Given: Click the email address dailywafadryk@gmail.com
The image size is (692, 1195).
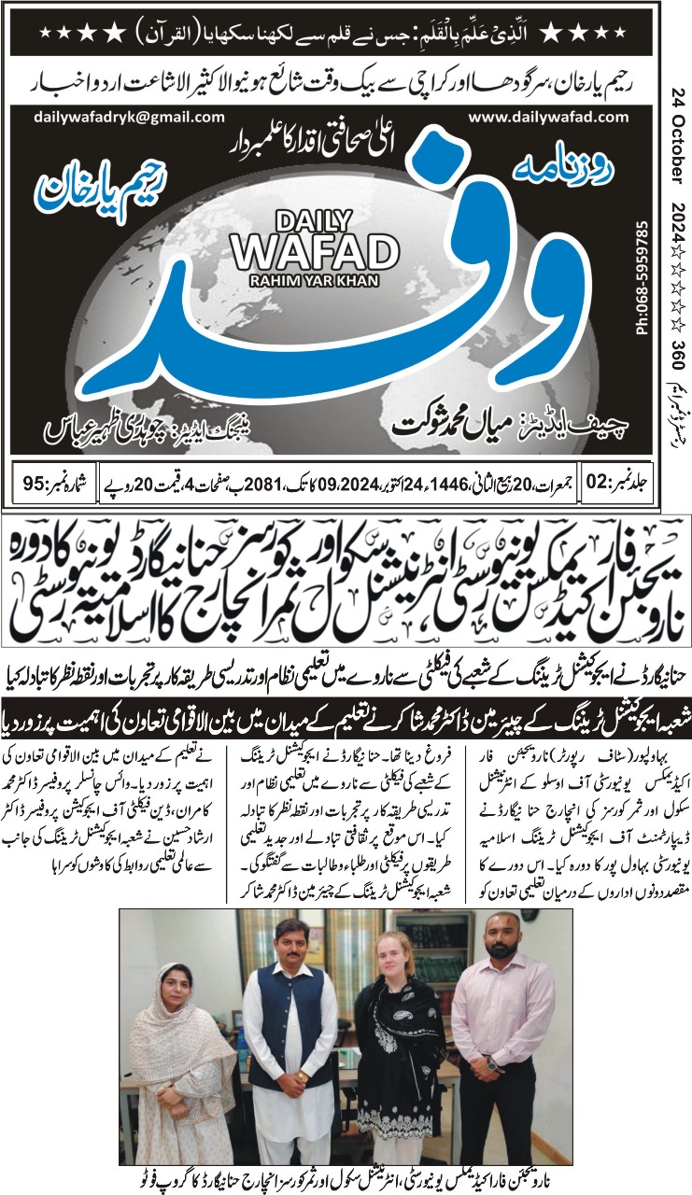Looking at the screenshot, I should (130, 117).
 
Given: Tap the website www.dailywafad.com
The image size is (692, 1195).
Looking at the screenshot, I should (548, 117).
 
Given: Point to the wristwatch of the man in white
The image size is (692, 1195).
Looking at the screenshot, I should (302, 1076).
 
